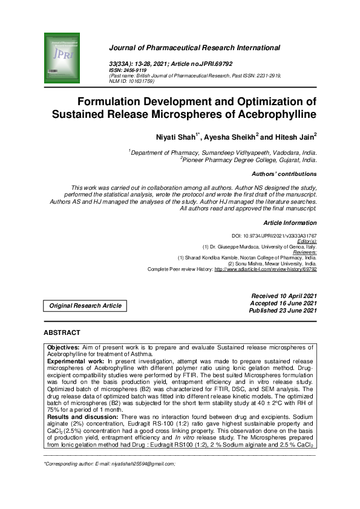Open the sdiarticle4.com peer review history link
265,268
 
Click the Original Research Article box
85,306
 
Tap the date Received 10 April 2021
284,295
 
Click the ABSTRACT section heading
62,333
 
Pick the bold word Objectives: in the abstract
67,347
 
